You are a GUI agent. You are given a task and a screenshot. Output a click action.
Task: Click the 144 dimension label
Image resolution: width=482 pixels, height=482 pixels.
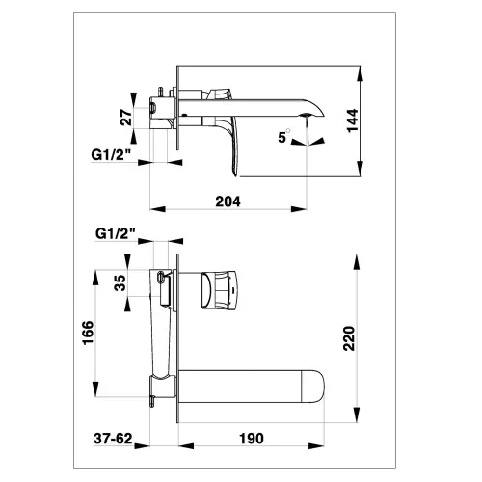click(x=353, y=120)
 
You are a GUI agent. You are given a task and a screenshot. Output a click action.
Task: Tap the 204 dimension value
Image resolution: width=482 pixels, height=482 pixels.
click(x=228, y=201)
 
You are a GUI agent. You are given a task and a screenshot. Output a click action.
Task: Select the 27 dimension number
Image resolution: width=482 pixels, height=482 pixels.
click(x=126, y=118)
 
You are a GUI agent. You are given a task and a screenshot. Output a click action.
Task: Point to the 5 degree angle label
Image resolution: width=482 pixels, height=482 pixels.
click(x=283, y=137)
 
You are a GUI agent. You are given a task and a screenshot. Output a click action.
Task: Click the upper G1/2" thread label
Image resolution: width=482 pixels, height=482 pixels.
click(x=111, y=155)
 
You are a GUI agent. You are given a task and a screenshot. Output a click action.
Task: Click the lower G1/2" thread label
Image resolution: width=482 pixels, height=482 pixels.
click(x=116, y=233)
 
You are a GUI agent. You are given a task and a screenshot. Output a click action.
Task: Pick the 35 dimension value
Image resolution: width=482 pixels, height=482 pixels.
click(x=120, y=282)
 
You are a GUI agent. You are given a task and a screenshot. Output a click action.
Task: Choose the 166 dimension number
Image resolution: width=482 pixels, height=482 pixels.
click(x=88, y=333)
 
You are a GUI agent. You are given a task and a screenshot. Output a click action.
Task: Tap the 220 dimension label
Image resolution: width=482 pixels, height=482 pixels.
click(x=349, y=338)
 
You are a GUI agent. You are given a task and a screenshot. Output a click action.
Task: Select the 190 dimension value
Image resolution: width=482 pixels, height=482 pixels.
click(x=252, y=439)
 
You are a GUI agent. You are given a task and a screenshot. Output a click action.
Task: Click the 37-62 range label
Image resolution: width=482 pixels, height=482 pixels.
click(x=113, y=439)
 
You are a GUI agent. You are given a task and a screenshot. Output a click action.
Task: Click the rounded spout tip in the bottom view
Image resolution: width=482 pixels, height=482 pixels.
click(x=314, y=387)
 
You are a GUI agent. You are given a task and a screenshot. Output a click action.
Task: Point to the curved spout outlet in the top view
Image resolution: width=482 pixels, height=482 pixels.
click(x=312, y=109)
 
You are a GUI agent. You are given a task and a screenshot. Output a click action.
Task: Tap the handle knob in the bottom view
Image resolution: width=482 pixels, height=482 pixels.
click(x=220, y=290)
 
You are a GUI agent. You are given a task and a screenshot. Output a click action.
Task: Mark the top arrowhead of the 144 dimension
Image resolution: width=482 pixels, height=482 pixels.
click(x=361, y=73)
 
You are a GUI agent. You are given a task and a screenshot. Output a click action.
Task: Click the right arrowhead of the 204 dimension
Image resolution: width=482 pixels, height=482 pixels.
click(x=299, y=209)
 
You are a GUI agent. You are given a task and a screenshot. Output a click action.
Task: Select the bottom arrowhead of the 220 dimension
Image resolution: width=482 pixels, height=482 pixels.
click(x=357, y=415)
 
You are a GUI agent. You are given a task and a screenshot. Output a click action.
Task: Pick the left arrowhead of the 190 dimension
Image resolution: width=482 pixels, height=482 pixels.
click(x=186, y=446)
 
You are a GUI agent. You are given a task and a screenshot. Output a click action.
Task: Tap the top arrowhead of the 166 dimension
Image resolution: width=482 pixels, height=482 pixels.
click(x=95, y=278)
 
